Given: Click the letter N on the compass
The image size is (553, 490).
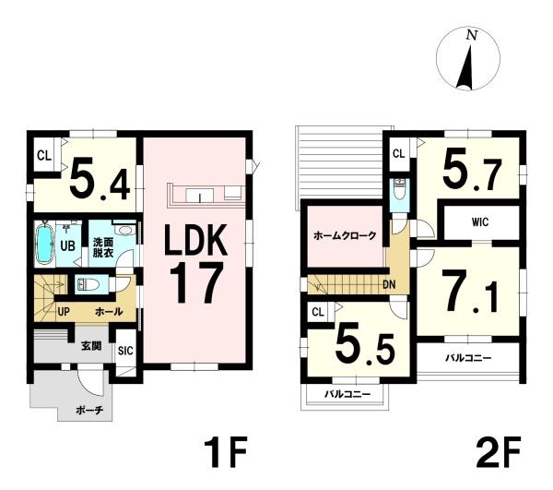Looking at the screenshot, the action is pyautogui.click(x=472, y=35).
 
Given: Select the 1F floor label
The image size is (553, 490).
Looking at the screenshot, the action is pyautogui.click(x=226, y=451).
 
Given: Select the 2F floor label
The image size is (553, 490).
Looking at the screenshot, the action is pyautogui.click(x=498, y=451).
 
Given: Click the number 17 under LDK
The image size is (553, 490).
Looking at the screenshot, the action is pyautogui.click(x=196, y=282).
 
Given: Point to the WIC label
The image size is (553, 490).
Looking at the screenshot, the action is pyautogui.click(x=480, y=222).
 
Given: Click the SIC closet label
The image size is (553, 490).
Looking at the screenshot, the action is pyautogui.click(x=125, y=351).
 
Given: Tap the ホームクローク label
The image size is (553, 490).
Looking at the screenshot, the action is pyautogui.click(x=345, y=235).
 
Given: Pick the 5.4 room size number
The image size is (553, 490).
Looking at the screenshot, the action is pyautogui.click(x=100, y=182).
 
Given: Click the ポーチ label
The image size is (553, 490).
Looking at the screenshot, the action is pyautogui.click(x=89, y=411).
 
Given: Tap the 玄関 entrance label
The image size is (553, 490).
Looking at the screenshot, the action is pyautogui.click(x=91, y=346).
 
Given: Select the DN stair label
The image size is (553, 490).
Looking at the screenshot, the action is pyautogui.click(x=389, y=284).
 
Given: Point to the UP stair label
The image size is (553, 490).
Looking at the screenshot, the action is pyautogui.click(x=64, y=312).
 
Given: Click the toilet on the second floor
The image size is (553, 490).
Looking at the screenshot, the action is pyautogui.click(x=400, y=189).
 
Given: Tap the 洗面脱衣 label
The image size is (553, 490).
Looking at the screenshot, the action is pyautogui.click(x=103, y=248).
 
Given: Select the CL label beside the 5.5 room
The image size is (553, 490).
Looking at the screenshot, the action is pyautogui.click(x=318, y=313).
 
